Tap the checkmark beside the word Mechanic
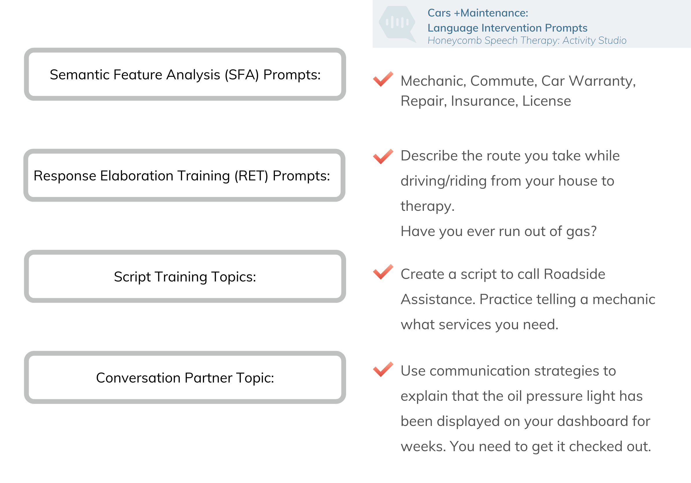[x=383, y=79]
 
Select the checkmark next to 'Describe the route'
[x=383, y=156]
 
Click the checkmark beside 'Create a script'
[x=383, y=272]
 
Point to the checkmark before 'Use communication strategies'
[x=383, y=369]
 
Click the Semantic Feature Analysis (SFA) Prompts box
[x=185, y=74]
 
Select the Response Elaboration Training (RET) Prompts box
[x=184, y=175]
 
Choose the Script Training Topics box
[x=185, y=276]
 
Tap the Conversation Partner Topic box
[x=185, y=377]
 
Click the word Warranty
[x=602, y=81]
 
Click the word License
[x=547, y=101]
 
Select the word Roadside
[x=574, y=274]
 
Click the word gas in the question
[x=581, y=232]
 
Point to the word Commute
[x=503, y=81]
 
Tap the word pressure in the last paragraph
[x=554, y=396]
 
